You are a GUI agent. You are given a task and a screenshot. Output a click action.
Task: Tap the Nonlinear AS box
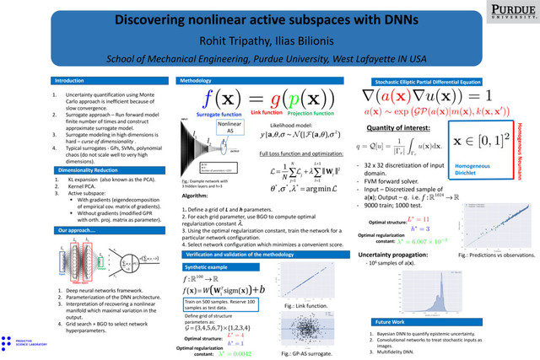(232, 128)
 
